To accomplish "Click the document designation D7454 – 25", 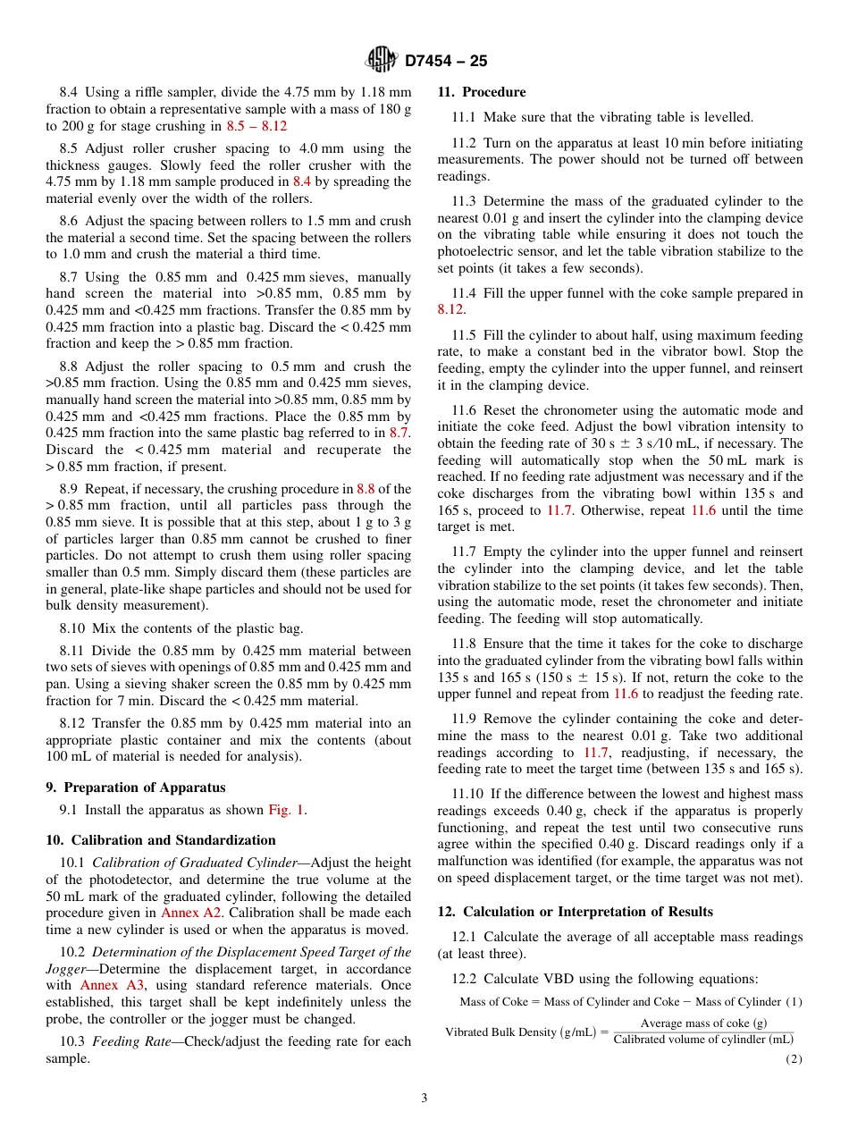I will coord(445,61).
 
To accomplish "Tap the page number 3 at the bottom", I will coord(424,1098).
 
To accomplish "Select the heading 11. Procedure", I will coord(482,92).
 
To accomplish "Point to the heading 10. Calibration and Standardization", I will coord(161,840).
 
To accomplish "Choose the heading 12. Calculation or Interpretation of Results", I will coord(576,912).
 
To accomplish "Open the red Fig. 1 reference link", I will coord(286,811).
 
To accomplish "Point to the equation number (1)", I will coord(794,1001).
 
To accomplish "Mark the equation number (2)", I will coord(794,1059).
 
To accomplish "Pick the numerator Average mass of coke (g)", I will coord(703,1023).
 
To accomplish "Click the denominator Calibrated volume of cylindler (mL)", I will coord(703,1039).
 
